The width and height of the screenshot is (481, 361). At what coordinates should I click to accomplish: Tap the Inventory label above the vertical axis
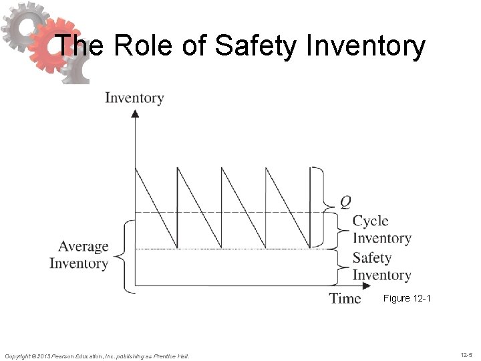coord(134,98)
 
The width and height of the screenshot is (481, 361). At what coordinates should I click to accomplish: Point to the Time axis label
coord(345,298)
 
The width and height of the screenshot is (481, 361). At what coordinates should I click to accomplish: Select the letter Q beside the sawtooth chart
coord(345,200)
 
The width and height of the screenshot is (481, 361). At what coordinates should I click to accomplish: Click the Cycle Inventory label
coord(381,229)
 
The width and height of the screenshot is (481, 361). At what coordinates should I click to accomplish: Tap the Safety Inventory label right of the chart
coord(381,266)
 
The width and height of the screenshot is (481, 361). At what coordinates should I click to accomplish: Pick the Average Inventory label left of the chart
coord(79,255)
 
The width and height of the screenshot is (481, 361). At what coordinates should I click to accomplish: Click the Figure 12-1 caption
coord(407,298)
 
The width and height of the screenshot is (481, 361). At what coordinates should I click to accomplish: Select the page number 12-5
coord(468,355)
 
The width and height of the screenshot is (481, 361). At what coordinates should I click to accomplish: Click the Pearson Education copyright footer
coord(97,356)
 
